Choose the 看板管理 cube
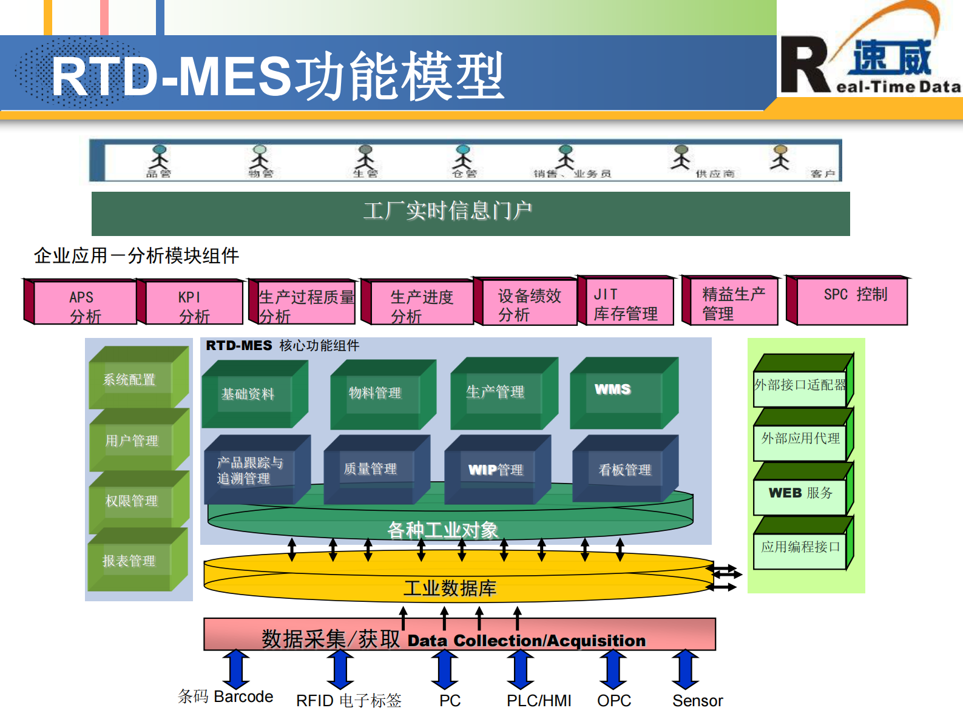click(624, 470)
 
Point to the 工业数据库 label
click(450, 588)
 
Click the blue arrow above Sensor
click(685, 669)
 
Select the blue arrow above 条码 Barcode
click(236, 669)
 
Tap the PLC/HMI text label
click(539, 701)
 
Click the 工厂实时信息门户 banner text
click(448, 211)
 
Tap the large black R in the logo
click(804, 66)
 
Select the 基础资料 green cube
click(249, 395)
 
